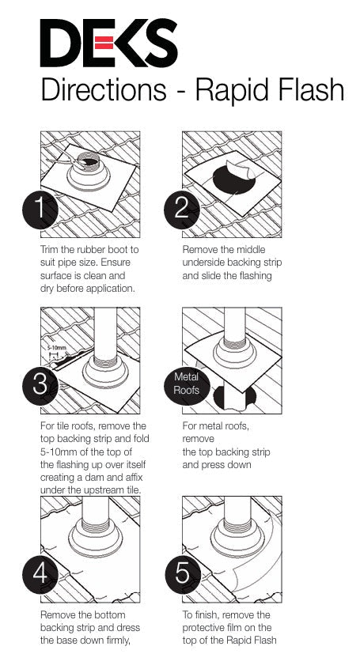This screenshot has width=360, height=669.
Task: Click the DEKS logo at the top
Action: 108,43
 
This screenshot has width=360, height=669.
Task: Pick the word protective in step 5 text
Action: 208,628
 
